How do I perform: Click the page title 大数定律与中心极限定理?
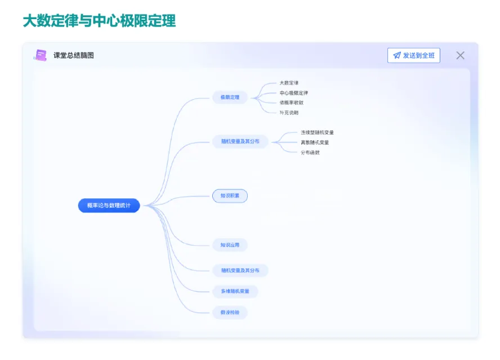tap(99, 21)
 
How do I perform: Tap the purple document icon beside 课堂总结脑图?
tap(41, 55)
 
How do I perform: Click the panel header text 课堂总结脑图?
tap(74, 55)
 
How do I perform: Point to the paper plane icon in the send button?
tap(397, 55)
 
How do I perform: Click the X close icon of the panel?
tap(460, 55)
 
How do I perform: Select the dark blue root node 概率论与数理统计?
tap(109, 206)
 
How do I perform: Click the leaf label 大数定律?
tap(289, 83)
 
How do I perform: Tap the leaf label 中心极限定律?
tap(293, 93)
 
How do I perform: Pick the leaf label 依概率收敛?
tap(291, 103)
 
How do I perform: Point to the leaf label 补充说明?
tap(289, 113)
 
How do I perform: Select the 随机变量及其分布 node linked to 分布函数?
tap(240, 141)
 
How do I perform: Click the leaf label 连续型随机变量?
tap(317, 132)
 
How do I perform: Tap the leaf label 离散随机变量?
tap(315, 143)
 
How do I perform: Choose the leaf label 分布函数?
tap(310, 153)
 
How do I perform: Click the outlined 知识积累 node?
tap(230, 196)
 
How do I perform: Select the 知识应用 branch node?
tap(230, 245)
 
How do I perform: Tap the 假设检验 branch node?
tap(230, 312)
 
